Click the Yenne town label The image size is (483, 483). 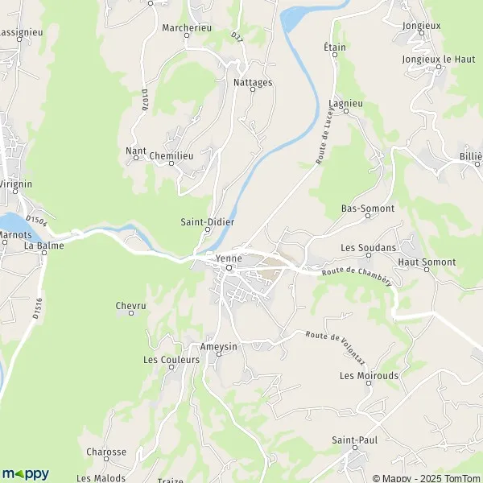coord(229,258)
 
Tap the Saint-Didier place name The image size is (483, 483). coord(207,221)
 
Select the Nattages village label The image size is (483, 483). coord(252,82)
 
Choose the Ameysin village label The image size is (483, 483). coord(219,346)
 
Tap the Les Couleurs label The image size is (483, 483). coord(171,360)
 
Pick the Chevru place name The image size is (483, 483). coord(130,305)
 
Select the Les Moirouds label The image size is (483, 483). coord(369,375)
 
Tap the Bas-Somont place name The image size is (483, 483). coord(368,208)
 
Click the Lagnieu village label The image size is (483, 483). coord(346,104)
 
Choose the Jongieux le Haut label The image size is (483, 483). coord(439,60)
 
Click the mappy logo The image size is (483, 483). coord(26,473)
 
